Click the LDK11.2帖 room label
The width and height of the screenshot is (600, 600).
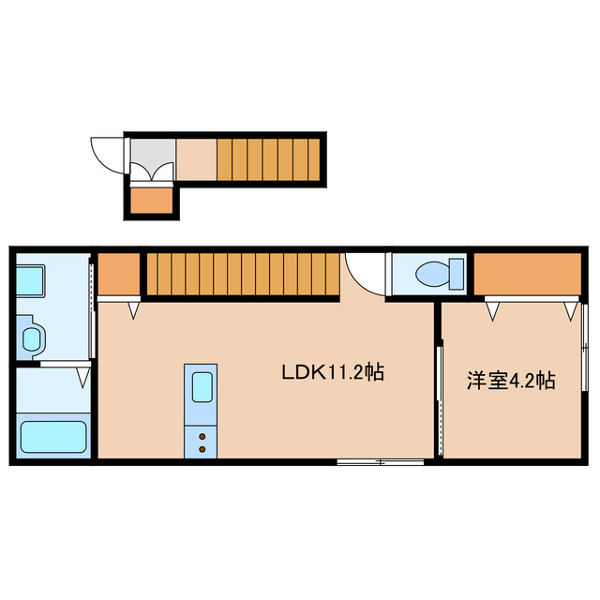tap(333, 373)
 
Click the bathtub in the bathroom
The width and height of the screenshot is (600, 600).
tap(53, 437)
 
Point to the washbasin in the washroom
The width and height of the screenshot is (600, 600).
tap(32, 339)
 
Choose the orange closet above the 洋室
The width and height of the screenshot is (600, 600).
tap(526, 274)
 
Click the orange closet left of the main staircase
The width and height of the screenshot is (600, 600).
tap(118, 275)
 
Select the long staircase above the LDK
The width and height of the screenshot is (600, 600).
tap(241, 274)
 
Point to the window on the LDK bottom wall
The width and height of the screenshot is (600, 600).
tap(380, 461)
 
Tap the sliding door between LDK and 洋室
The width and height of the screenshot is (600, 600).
tap(439, 384)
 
